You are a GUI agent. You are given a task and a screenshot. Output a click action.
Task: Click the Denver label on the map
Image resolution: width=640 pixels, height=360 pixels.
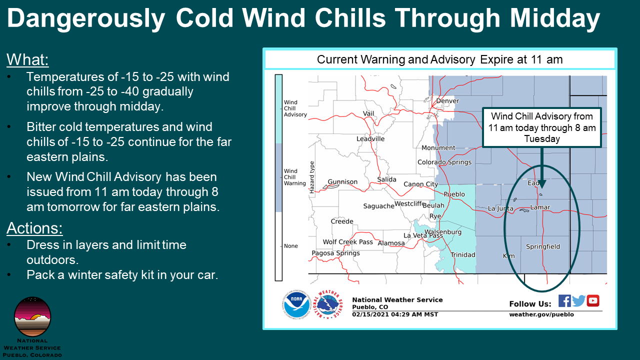[x=447, y=101]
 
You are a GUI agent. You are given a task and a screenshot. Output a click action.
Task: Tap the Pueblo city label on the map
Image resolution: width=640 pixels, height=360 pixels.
[x=454, y=194]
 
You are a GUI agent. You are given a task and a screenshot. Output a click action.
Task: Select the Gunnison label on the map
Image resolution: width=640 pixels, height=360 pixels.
[x=342, y=181]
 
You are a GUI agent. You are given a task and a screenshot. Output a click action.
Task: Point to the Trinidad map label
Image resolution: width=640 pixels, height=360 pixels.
[x=463, y=255]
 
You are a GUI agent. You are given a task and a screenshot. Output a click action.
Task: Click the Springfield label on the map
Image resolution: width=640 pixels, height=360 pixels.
[x=543, y=246]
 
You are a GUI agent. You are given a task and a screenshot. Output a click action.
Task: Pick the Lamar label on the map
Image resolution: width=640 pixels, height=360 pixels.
[x=540, y=207]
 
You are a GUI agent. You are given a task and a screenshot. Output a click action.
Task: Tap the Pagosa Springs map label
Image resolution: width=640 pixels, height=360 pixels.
[x=335, y=253]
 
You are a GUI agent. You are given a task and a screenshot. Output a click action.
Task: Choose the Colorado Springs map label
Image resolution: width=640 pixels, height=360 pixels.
[x=444, y=162]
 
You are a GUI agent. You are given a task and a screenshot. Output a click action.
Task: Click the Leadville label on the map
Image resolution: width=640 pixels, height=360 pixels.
[x=370, y=139]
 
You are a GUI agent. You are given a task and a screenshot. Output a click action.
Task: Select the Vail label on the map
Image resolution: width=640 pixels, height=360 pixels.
[x=368, y=113]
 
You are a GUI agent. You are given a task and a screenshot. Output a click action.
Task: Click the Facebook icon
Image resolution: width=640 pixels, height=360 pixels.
[x=564, y=301]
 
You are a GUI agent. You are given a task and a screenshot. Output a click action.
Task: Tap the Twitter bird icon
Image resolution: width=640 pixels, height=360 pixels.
[x=578, y=301]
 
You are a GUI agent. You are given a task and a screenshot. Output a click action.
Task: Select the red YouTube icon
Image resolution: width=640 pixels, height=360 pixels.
[x=593, y=301]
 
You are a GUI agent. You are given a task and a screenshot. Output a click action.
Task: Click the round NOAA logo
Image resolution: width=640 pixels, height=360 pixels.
[x=296, y=304]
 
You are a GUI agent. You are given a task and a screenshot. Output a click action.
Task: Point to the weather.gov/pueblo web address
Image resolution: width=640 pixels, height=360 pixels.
[x=541, y=314]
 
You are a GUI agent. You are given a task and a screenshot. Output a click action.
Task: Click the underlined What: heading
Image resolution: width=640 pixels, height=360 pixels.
[x=27, y=59]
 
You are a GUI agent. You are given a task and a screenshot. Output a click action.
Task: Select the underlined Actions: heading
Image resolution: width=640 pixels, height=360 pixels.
[x=34, y=228]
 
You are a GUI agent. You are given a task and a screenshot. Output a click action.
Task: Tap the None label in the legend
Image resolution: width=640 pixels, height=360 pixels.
[x=291, y=246]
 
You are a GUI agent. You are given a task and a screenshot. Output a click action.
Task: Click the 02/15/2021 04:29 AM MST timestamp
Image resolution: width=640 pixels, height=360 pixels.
[x=395, y=314]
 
